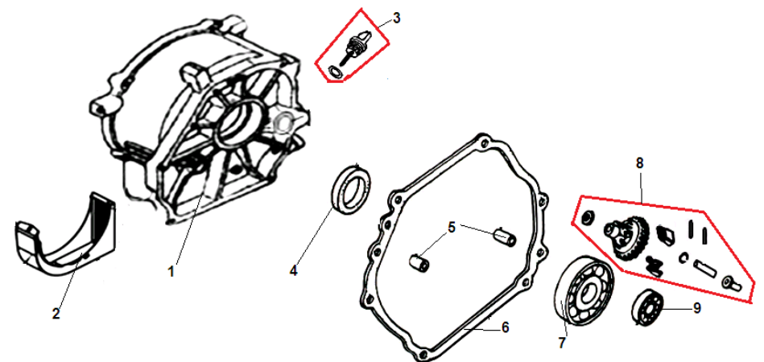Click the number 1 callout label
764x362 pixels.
(171, 271)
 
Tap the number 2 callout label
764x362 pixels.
(56, 314)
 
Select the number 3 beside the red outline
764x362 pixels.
(397, 19)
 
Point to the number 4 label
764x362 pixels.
(293, 270)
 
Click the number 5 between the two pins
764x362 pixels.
(452, 227)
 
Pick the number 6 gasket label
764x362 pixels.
(505, 327)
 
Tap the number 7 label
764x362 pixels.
(561, 343)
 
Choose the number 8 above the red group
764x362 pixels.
(640, 163)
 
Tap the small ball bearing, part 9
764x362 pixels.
(646, 305)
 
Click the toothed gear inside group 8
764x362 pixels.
(628, 237)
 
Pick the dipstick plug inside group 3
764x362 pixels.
(357, 45)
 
